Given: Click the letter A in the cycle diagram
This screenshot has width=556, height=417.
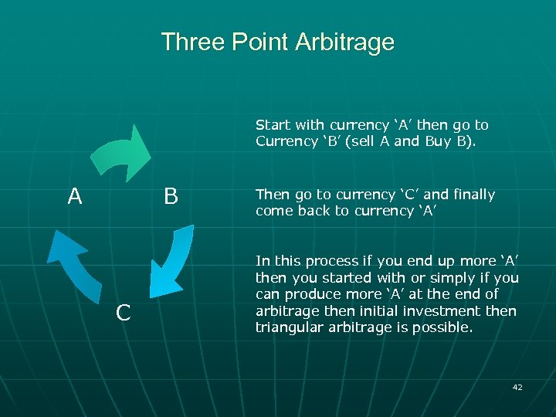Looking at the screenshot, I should (74, 197).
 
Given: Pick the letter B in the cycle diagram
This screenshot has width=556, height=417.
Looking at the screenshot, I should (171, 197).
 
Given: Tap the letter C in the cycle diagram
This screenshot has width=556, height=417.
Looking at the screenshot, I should (122, 313).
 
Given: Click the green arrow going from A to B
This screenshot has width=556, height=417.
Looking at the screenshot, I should (124, 151).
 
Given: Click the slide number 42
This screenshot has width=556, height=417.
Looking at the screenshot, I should (517, 387).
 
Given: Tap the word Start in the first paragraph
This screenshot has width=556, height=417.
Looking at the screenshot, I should (271, 125).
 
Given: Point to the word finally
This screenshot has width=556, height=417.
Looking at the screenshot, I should (473, 195).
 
